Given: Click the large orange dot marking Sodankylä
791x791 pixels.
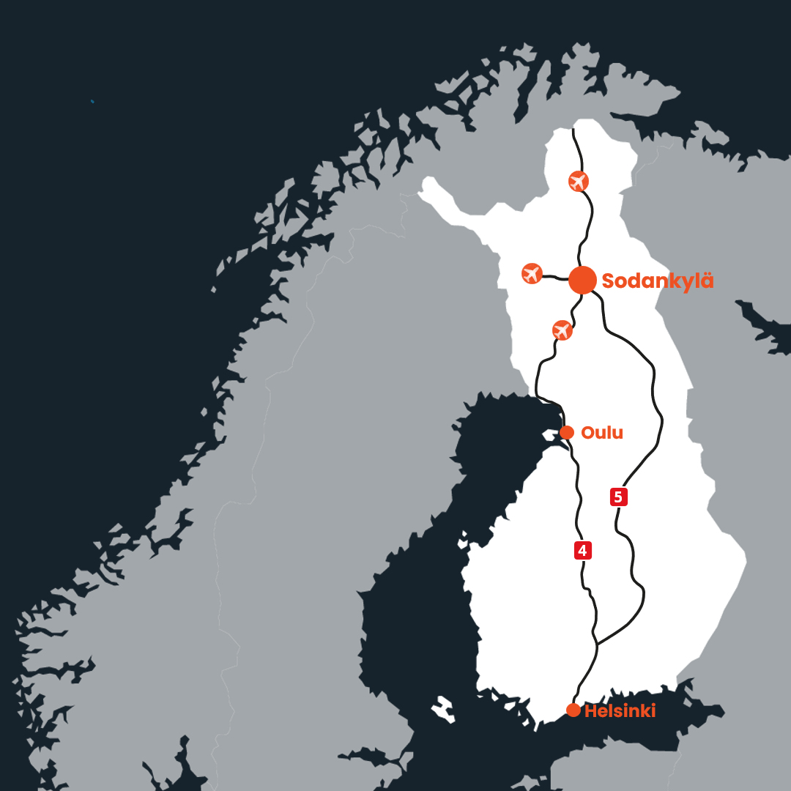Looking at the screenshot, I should pyautogui.click(x=582, y=280).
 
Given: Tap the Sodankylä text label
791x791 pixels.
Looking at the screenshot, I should pyautogui.click(x=657, y=281).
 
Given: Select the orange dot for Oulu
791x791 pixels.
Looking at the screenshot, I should pyautogui.click(x=566, y=432).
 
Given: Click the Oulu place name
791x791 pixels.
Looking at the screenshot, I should pyautogui.click(x=601, y=433).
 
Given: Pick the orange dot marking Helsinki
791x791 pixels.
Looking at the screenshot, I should pyautogui.click(x=573, y=710).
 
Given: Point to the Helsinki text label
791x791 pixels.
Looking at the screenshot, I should pyautogui.click(x=620, y=710).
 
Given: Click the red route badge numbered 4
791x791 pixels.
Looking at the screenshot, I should pyautogui.click(x=582, y=551).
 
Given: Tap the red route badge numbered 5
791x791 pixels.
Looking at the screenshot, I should pyautogui.click(x=618, y=497).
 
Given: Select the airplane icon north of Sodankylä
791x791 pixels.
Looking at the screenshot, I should pyautogui.click(x=579, y=180).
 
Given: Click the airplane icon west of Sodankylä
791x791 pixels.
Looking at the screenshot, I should pyautogui.click(x=532, y=273).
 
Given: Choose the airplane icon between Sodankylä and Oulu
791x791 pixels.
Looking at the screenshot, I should pyautogui.click(x=562, y=330).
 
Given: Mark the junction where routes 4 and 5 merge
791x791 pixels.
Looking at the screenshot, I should pyautogui.click(x=597, y=645).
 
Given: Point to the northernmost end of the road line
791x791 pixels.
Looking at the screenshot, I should pyautogui.click(x=573, y=130).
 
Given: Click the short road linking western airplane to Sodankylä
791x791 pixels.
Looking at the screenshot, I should pyautogui.click(x=555, y=277).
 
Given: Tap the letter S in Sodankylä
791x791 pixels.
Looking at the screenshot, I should pyautogui.click(x=609, y=281).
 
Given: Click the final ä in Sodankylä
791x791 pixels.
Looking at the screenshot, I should pyautogui.click(x=706, y=281).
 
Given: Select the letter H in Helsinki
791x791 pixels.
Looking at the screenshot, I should pyautogui.click(x=591, y=710).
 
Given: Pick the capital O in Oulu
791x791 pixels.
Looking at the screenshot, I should pyautogui.click(x=587, y=433).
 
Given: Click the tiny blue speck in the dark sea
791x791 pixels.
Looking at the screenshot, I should pyautogui.click(x=92, y=101).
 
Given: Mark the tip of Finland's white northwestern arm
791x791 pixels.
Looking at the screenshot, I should pyautogui.click(x=422, y=192).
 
